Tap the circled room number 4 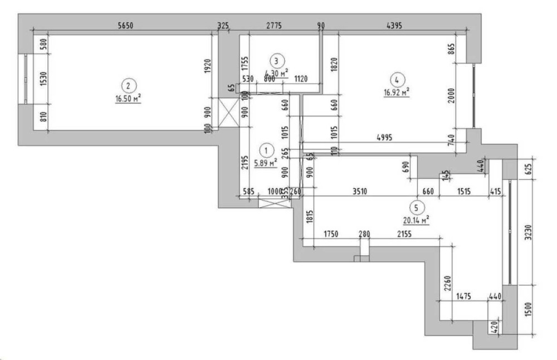point(397,79)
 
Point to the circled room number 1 point(267,150)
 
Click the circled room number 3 point(276,60)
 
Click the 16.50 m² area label point(128,99)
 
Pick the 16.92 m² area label point(397,93)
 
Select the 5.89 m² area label point(266,163)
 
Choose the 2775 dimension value point(273,25)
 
